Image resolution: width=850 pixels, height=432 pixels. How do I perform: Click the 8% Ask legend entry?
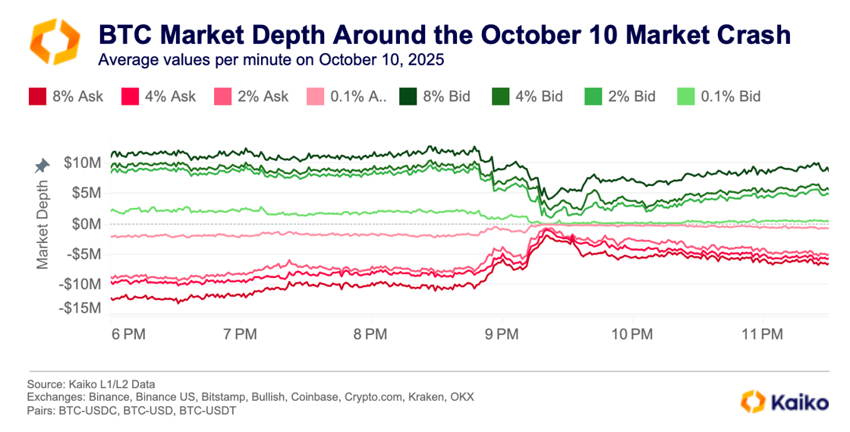coord(65,96)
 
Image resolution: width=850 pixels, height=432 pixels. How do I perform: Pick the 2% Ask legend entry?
coord(224,96)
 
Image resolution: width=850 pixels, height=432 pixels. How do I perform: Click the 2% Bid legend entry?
coord(620,96)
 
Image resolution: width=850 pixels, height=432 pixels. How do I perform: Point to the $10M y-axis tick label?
coord(83,162)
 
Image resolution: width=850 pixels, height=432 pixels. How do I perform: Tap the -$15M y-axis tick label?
coord(80,308)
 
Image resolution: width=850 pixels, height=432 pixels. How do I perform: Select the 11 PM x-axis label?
coord(761,334)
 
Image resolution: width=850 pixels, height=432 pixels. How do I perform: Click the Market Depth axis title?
coord(42,223)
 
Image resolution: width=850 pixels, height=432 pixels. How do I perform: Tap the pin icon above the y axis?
coord(42,165)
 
